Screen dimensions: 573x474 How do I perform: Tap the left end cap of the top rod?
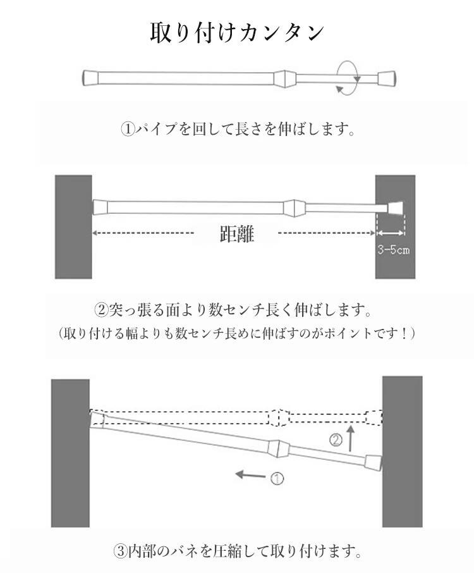90,78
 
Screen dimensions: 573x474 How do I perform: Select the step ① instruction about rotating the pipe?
236,130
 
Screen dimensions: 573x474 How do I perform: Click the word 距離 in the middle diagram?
237,235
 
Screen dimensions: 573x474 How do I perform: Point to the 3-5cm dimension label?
393,250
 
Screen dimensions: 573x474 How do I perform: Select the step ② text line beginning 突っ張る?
231,311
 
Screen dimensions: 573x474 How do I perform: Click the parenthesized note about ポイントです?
237,333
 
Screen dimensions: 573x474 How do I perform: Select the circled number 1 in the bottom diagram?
277,479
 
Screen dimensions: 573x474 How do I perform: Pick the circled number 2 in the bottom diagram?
336,441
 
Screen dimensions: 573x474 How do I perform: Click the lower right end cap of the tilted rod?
374,463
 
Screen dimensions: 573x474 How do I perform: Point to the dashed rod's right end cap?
374,417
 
